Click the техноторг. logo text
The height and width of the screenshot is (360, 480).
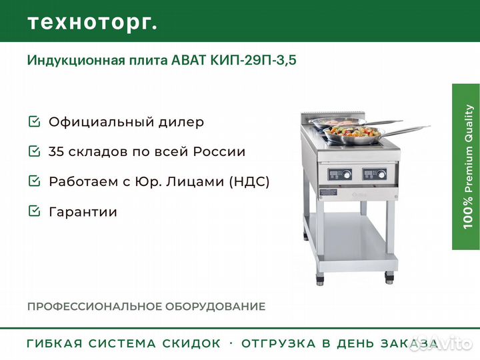coord(92,23)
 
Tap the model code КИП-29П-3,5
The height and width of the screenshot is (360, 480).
coord(253,60)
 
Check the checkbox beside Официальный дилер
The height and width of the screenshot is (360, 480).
coord(34,121)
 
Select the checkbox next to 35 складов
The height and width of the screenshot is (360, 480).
coord(34,151)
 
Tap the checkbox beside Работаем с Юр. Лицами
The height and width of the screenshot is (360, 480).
coord(34,181)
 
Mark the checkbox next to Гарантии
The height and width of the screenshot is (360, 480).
coord(34,211)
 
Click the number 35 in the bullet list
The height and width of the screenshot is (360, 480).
coord(56,151)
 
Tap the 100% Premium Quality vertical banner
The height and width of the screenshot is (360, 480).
coord(466,167)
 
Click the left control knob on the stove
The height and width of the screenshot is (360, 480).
coord(347,175)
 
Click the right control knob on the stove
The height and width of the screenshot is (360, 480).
coord(381,175)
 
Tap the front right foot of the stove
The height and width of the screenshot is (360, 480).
coord(389,278)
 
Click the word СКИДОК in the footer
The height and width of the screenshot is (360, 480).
coord(191,343)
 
